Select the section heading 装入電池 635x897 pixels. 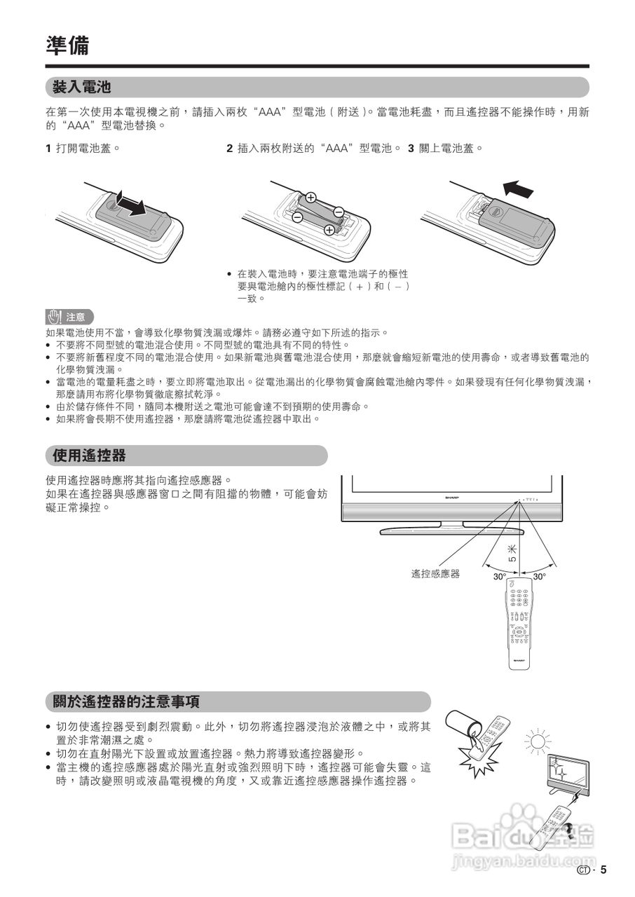point(82,88)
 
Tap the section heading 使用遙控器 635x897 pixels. point(89,456)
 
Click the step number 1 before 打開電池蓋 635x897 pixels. point(48,149)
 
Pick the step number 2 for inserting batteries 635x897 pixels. point(229,149)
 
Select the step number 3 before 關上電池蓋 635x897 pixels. point(411,149)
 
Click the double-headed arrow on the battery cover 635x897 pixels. point(130,203)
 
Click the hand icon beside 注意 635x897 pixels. point(55,317)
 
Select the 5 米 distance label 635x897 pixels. point(512,554)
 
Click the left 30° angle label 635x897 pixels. point(499,577)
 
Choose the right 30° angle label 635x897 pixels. point(539,577)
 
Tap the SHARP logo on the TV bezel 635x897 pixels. point(456,496)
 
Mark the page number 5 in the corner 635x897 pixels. point(603,870)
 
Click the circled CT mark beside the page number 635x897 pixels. point(582,870)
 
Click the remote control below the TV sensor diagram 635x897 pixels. point(519,623)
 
